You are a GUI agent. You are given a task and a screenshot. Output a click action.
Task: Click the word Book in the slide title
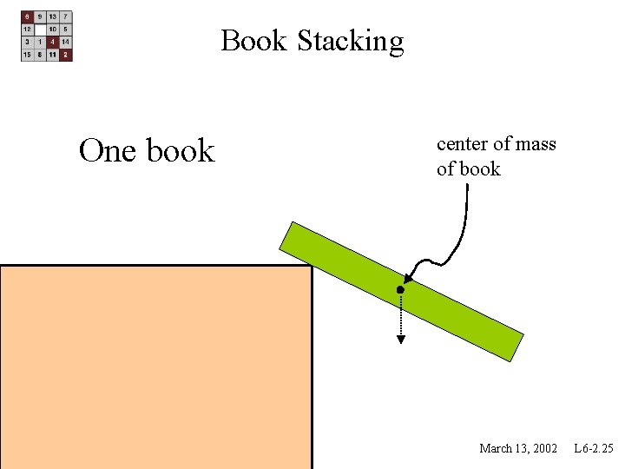coord(254,41)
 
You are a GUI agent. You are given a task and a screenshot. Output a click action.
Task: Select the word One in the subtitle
coord(109,151)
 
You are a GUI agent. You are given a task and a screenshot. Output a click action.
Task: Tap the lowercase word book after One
coord(180,151)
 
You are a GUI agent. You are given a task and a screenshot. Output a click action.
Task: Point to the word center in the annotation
coord(463,144)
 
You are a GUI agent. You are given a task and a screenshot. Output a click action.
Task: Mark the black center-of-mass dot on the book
coord(400,288)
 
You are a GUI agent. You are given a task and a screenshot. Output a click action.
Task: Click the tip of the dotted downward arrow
coord(400,340)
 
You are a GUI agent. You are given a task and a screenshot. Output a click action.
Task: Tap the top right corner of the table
coord(311,266)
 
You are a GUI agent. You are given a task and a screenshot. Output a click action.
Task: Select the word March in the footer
coord(497,448)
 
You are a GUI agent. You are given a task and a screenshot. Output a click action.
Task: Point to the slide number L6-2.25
coord(593,448)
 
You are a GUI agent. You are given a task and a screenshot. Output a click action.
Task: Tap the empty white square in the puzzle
coord(40,29)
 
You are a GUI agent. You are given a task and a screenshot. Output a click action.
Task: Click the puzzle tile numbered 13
coord(53,17)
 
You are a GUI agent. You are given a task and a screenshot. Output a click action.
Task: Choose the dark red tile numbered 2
coord(66,54)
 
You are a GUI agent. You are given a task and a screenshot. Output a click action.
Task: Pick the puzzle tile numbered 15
coord(27,54)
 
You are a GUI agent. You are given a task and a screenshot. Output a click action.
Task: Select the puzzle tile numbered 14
coord(66,42)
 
